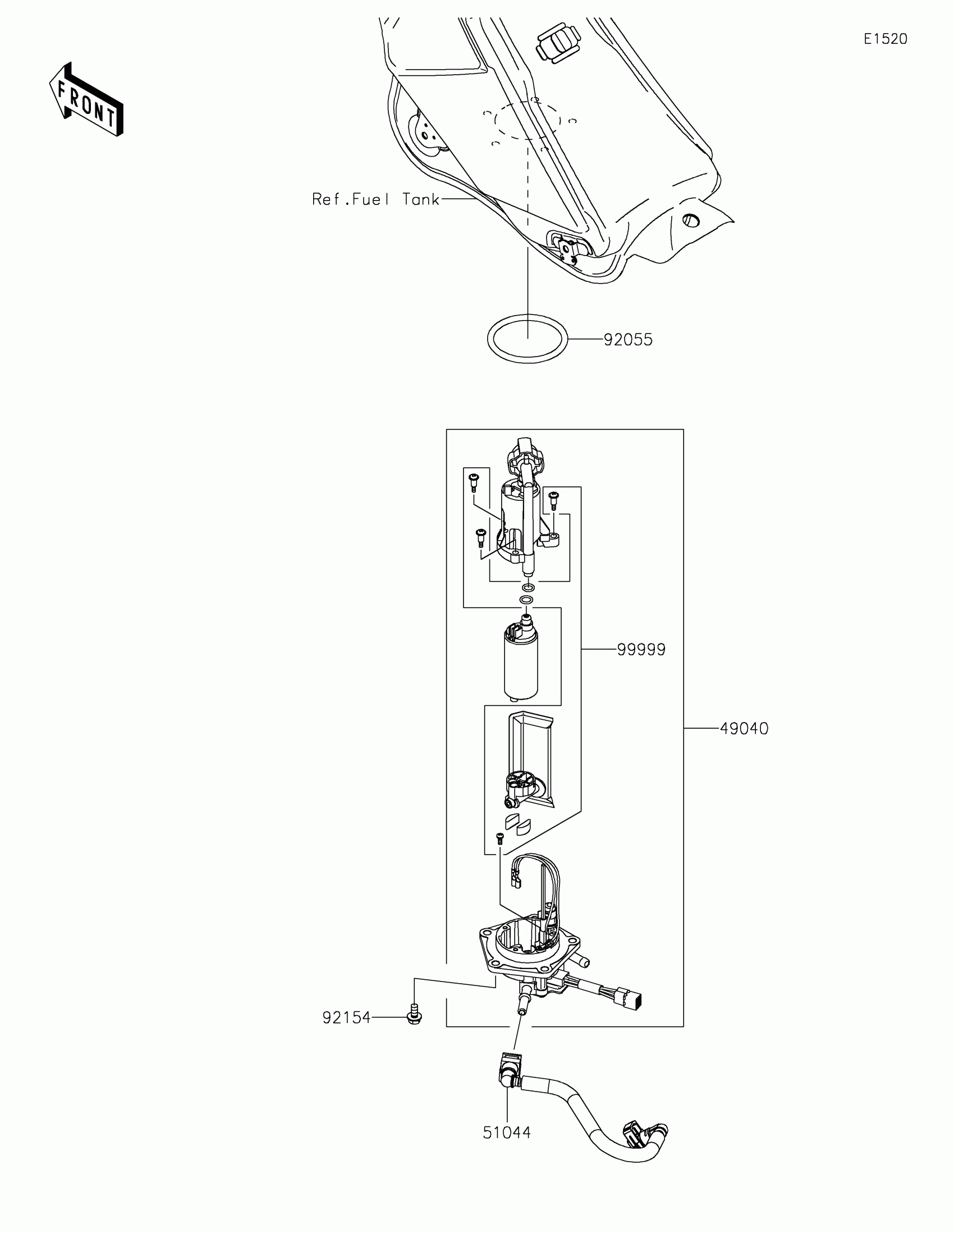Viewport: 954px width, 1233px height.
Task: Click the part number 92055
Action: pyautogui.click(x=628, y=340)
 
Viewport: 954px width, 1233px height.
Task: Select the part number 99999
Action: pyautogui.click(x=641, y=649)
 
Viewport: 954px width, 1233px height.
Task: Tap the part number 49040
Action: pyautogui.click(x=744, y=728)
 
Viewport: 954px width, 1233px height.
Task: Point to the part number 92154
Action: pyautogui.click(x=346, y=1017)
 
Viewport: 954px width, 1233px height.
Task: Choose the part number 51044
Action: pyautogui.click(x=507, y=1132)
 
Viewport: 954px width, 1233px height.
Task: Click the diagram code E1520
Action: pyautogui.click(x=885, y=39)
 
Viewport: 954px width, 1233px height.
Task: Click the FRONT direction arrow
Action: pyautogui.click(x=86, y=101)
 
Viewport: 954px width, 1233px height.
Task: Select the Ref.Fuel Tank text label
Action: pyautogui.click(x=376, y=199)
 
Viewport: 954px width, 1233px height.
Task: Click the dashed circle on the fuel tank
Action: pyautogui.click(x=528, y=120)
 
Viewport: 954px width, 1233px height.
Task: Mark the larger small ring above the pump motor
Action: pyautogui.click(x=526, y=599)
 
